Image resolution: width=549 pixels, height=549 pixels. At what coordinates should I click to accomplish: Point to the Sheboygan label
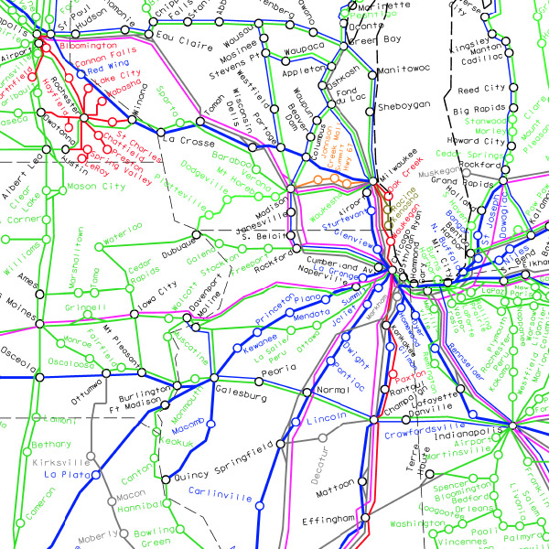[404, 106]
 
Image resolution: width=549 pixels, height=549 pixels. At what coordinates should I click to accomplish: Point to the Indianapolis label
[473, 430]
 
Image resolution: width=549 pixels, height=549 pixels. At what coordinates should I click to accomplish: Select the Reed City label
[480, 91]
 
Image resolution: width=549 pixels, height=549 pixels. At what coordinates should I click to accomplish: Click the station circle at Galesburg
[212, 377]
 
